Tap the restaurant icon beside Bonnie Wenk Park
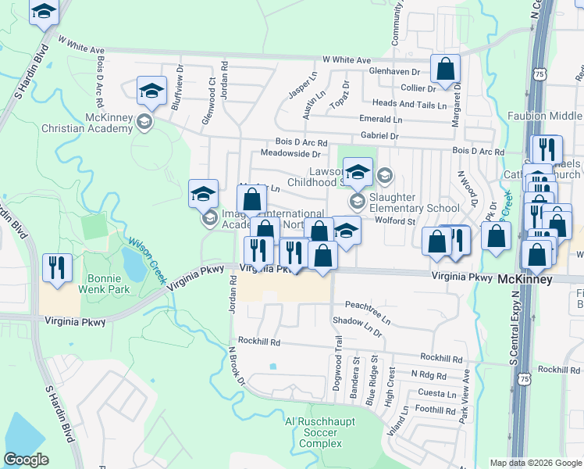click(56, 268)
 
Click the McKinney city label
click(525, 279)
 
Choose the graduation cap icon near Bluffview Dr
click(151, 91)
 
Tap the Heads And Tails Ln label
click(409, 104)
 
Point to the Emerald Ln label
click(380, 119)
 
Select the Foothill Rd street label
click(436, 409)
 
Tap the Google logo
click(27, 460)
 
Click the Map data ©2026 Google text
click(535, 463)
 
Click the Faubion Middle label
click(554, 116)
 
